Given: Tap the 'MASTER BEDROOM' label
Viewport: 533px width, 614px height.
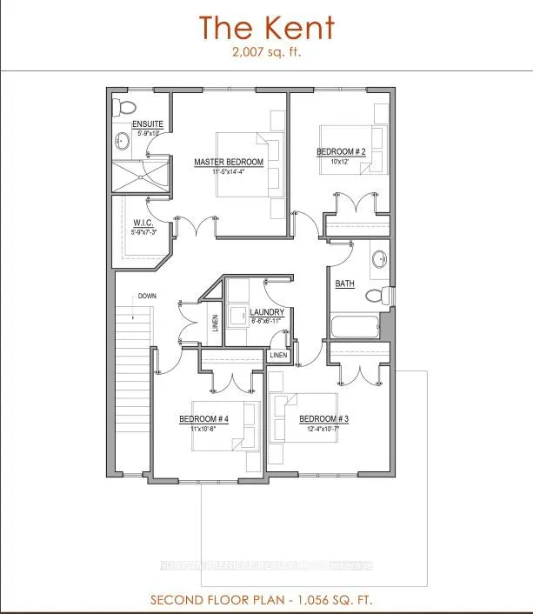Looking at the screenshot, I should tap(229, 162).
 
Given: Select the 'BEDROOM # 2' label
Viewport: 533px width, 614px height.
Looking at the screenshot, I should tap(341, 151).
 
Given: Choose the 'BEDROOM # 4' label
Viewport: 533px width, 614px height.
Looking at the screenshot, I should tap(203, 419).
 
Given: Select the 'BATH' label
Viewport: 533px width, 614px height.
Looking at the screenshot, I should tap(344, 284).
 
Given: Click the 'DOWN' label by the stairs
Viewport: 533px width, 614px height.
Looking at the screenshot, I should tap(146, 297).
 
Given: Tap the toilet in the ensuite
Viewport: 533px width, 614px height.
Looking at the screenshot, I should tap(125, 108).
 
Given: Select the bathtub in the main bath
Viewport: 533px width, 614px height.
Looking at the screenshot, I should tap(354, 328).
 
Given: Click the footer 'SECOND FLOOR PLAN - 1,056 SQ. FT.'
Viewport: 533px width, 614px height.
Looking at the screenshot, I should tap(265, 601).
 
